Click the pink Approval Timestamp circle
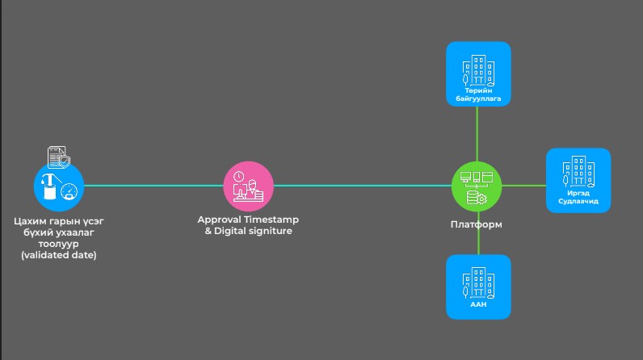pyautogui.click(x=248, y=186)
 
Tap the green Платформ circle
pyautogui.click(x=477, y=186)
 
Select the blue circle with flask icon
pyautogui.click(x=58, y=186)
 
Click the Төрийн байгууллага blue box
pyautogui.click(x=478, y=74)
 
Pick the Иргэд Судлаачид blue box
pyautogui.click(x=578, y=180)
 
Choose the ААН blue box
pyautogui.click(x=478, y=287)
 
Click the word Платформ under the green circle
pyautogui.click(x=477, y=224)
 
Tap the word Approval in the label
pyautogui.click(x=221, y=220)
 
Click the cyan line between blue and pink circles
pyautogui.click(x=153, y=186)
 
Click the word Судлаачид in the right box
pyautogui.click(x=578, y=202)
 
